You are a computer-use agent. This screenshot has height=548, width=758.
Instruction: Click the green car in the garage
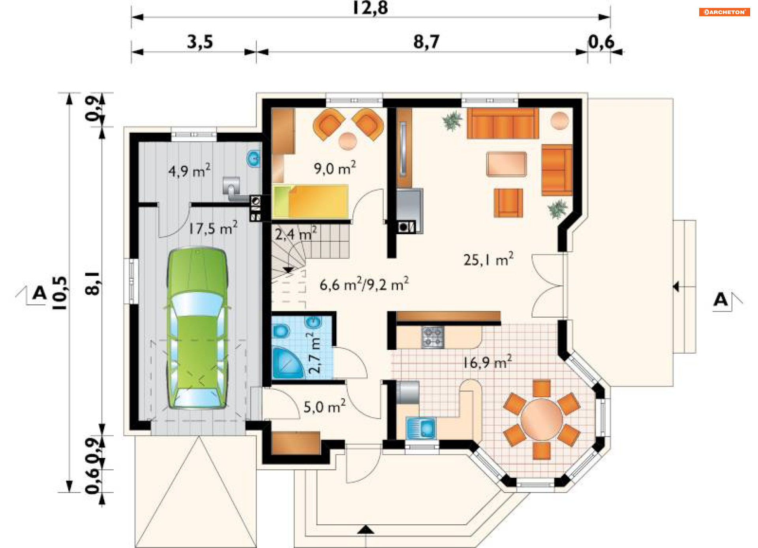pyautogui.click(x=197, y=328)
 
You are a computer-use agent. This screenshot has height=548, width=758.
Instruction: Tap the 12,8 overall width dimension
pyautogui.click(x=370, y=8)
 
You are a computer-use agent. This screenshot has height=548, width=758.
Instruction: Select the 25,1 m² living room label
pyautogui.click(x=488, y=259)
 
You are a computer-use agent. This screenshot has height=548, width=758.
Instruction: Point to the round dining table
pyautogui.click(x=541, y=419)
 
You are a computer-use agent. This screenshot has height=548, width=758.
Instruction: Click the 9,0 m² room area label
pyautogui.click(x=335, y=168)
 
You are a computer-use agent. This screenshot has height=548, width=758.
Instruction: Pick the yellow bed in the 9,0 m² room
pyautogui.click(x=310, y=201)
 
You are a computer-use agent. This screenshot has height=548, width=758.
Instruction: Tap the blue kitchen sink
pyautogui.click(x=421, y=428)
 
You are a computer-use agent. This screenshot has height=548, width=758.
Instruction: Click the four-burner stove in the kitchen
pyautogui.click(x=433, y=337)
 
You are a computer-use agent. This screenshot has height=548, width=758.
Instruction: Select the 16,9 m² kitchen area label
pyautogui.click(x=488, y=362)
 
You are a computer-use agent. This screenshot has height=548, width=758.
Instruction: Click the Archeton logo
pyautogui.click(x=724, y=12)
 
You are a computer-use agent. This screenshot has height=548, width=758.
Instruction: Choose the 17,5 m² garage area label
pyautogui.click(x=213, y=228)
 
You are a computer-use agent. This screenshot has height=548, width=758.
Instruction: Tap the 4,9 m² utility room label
pyautogui.click(x=189, y=171)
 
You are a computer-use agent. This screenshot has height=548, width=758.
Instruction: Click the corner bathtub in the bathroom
pyautogui.click(x=287, y=363)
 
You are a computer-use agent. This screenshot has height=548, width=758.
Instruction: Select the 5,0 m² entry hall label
pyautogui.click(x=325, y=406)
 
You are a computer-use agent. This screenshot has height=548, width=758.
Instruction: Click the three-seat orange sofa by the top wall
pyautogui.click(x=503, y=123)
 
